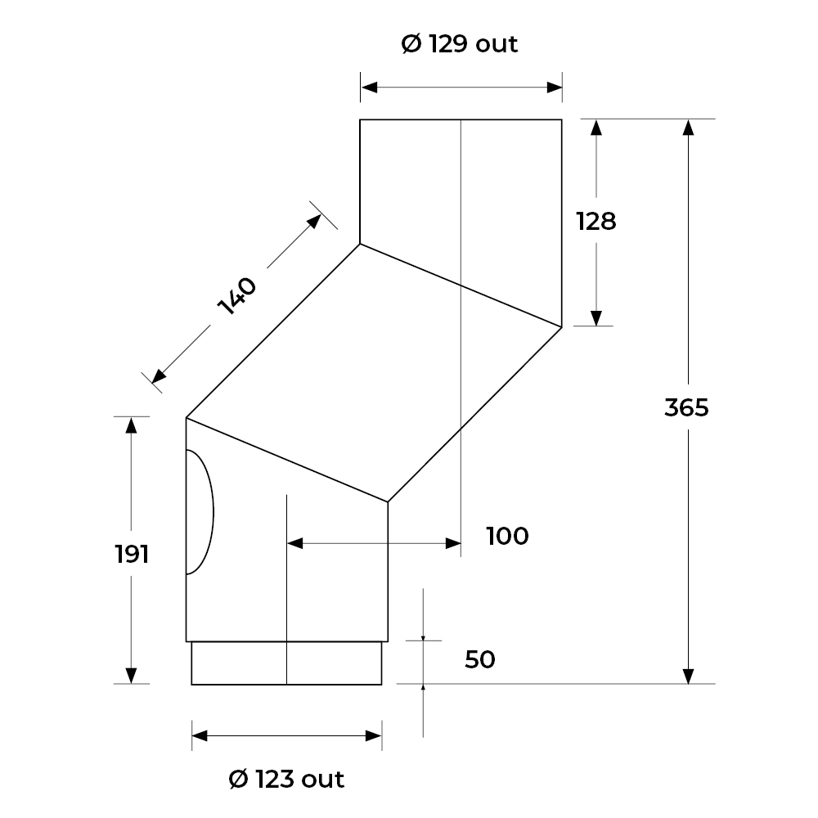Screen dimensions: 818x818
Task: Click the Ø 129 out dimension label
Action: point(460,44)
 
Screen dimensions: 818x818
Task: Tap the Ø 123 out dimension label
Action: point(286,780)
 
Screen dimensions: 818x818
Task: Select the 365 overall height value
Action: point(686,407)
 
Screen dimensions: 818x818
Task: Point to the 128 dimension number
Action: point(596,221)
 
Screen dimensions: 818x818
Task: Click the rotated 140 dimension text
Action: point(237,296)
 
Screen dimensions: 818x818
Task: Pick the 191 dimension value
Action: point(132,554)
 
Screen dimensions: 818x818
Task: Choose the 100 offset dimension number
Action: point(508,537)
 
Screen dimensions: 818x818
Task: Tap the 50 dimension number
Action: point(480,660)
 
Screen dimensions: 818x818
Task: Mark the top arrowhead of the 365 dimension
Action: point(689,128)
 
